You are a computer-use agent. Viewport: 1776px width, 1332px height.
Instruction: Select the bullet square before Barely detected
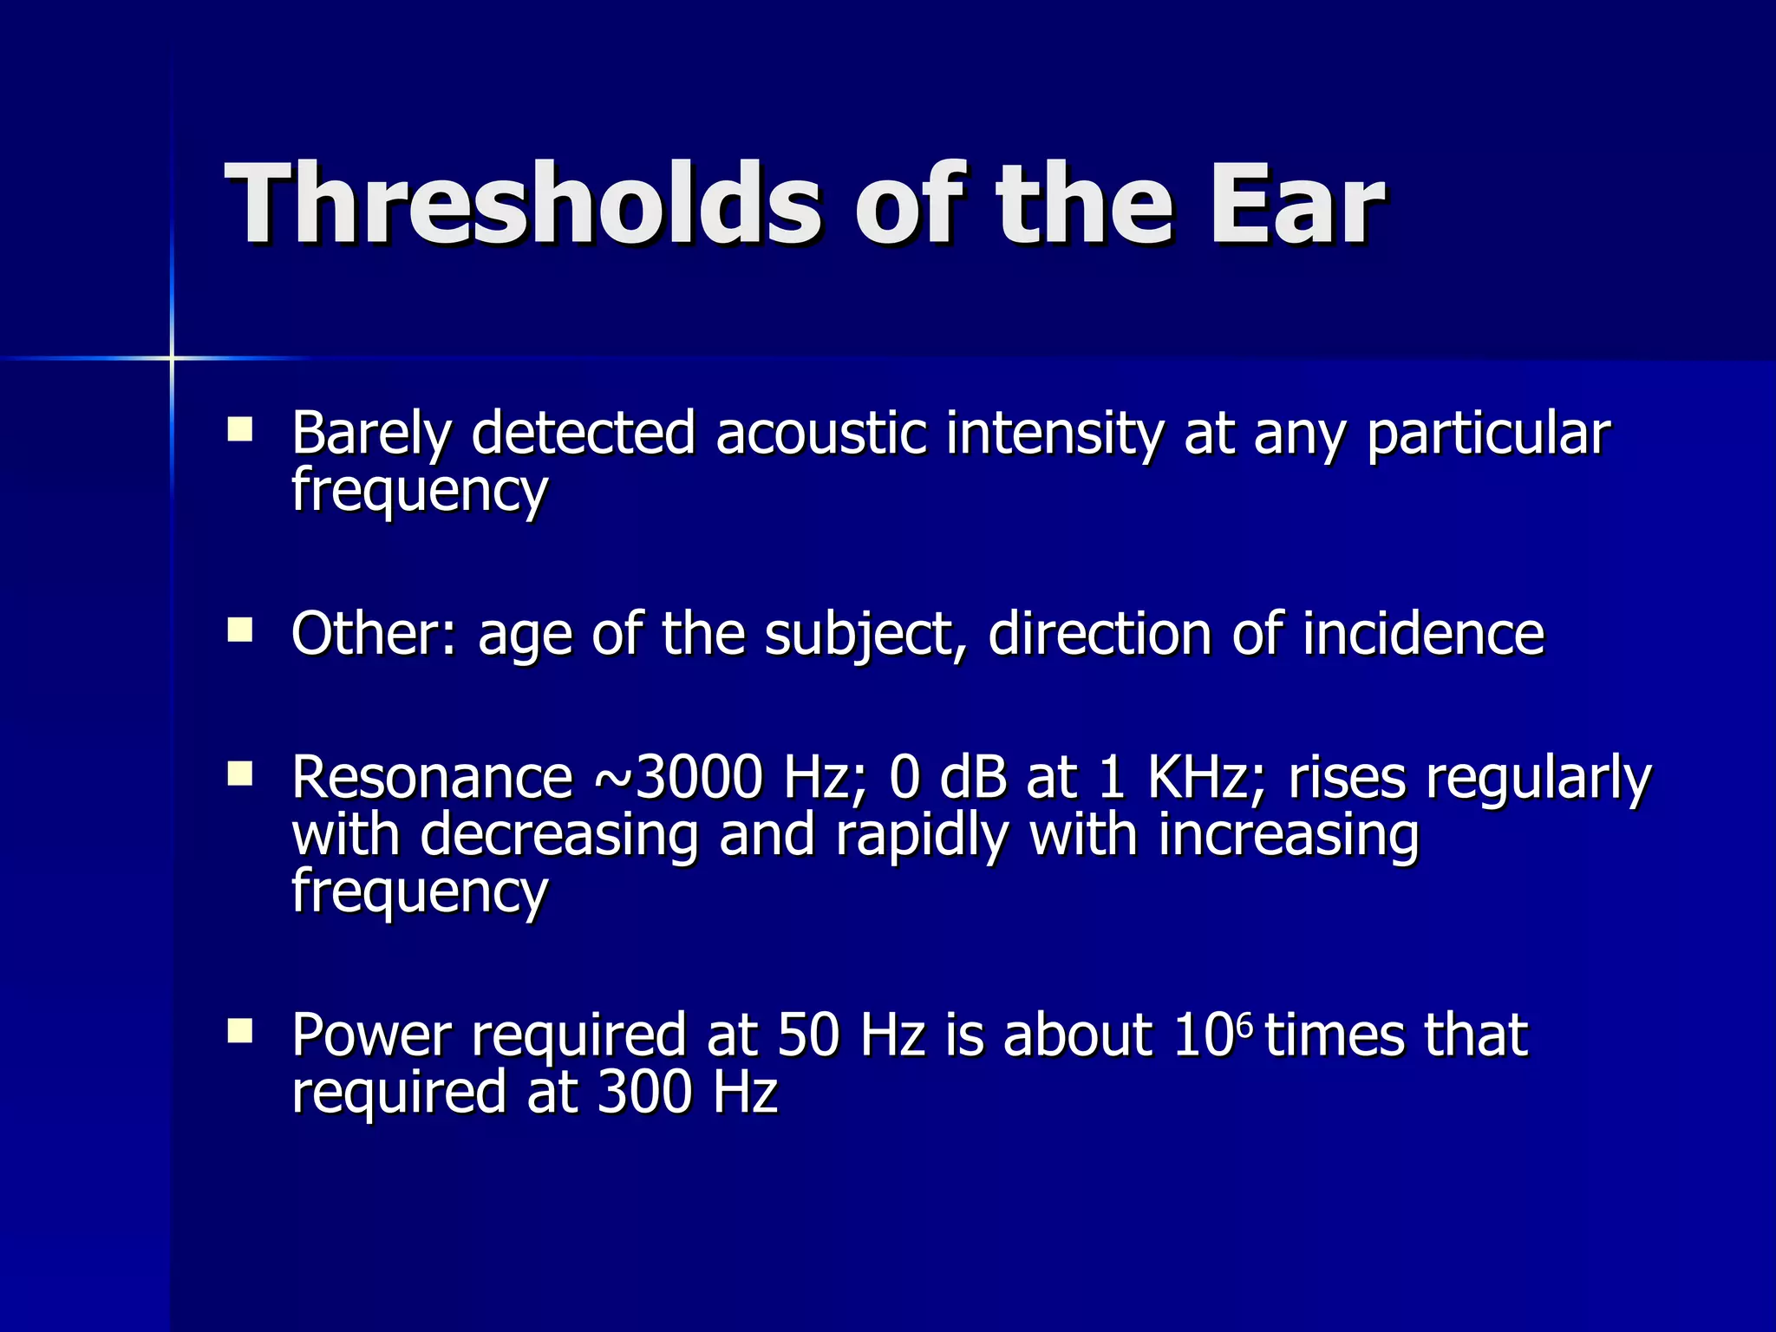click(x=239, y=430)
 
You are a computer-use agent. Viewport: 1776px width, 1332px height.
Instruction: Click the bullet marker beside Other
click(x=239, y=630)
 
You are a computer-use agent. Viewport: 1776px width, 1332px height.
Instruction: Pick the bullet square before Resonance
click(x=239, y=774)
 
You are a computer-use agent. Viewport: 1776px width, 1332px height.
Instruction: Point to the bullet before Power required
click(x=239, y=1030)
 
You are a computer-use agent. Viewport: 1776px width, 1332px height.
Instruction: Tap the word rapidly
click(x=922, y=836)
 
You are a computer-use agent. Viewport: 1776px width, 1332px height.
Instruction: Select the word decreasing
click(x=559, y=836)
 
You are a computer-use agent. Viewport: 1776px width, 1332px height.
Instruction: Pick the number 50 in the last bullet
click(x=808, y=1035)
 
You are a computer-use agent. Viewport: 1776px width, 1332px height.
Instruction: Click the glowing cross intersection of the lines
click(x=172, y=357)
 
